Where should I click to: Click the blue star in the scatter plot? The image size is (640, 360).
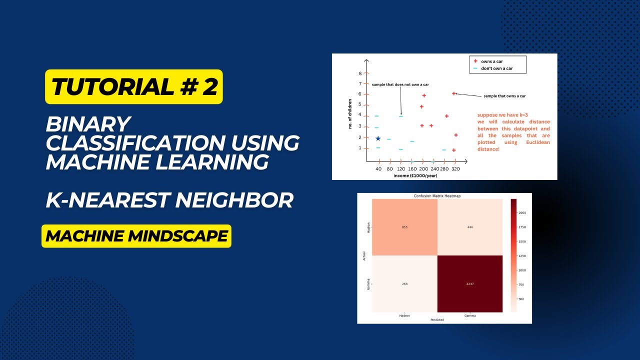(378, 138)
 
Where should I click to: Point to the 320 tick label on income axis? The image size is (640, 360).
(455, 169)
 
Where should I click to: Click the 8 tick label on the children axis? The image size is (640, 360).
(360, 73)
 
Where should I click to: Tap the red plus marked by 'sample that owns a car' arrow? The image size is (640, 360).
(454, 93)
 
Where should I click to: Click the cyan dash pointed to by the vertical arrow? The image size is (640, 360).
(401, 116)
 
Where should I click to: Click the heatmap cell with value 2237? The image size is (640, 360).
(470, 283)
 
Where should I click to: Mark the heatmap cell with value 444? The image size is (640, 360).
(470, 227)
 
